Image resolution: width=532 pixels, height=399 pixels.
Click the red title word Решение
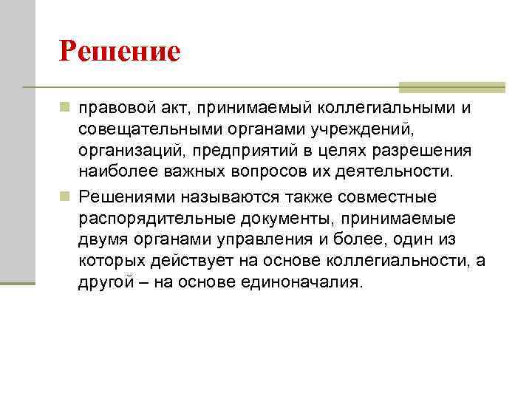pyautogui.click(x=120, y=51)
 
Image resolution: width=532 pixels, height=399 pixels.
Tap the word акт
pyautogui.click(x=167, y=110)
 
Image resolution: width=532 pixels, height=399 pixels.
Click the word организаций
pyautogui.click(x=125, y=151)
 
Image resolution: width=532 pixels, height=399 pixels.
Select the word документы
pyautogui.click(x=285, y=219)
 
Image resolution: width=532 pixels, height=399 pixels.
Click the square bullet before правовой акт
pyautogui.click(x=65, y=109)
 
